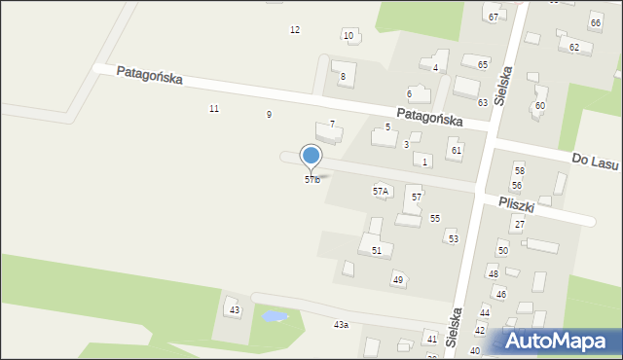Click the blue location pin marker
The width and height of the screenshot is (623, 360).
click(x=311, y=156)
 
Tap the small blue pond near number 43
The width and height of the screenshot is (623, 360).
click(x=274, y=316)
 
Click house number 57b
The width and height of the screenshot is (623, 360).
click(x=311, y=180)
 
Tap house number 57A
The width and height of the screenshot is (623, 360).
click(x=381, y=192)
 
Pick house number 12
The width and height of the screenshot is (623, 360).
click(x=295, y=30)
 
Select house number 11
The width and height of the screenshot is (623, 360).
click(x=214, y=108)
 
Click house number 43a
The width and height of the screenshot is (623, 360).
click(x=341, y=324)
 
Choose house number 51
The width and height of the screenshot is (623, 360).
click(x=376, y=250)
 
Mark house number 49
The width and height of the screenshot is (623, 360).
click(x=397, y=279)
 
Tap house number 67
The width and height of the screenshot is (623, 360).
click(x=494, y=18)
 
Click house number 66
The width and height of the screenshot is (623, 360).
click(x=595, y=22)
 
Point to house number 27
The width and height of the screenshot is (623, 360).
click(x=519, y=225)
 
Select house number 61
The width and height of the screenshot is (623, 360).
click(x=456, y=150)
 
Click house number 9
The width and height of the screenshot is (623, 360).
click(x=269, y=115)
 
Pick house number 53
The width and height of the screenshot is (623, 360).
click(x=453, y=238)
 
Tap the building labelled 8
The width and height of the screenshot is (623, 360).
click(x=342, y=75)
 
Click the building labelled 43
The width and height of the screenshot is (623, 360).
click(x=234, y=309)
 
